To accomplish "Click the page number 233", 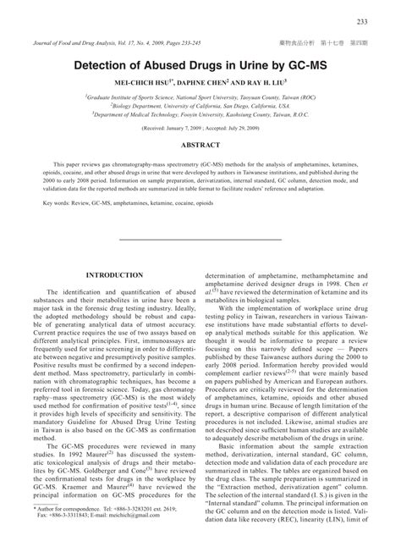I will coord(385,21).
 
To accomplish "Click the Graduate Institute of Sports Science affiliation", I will coord(200,97).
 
